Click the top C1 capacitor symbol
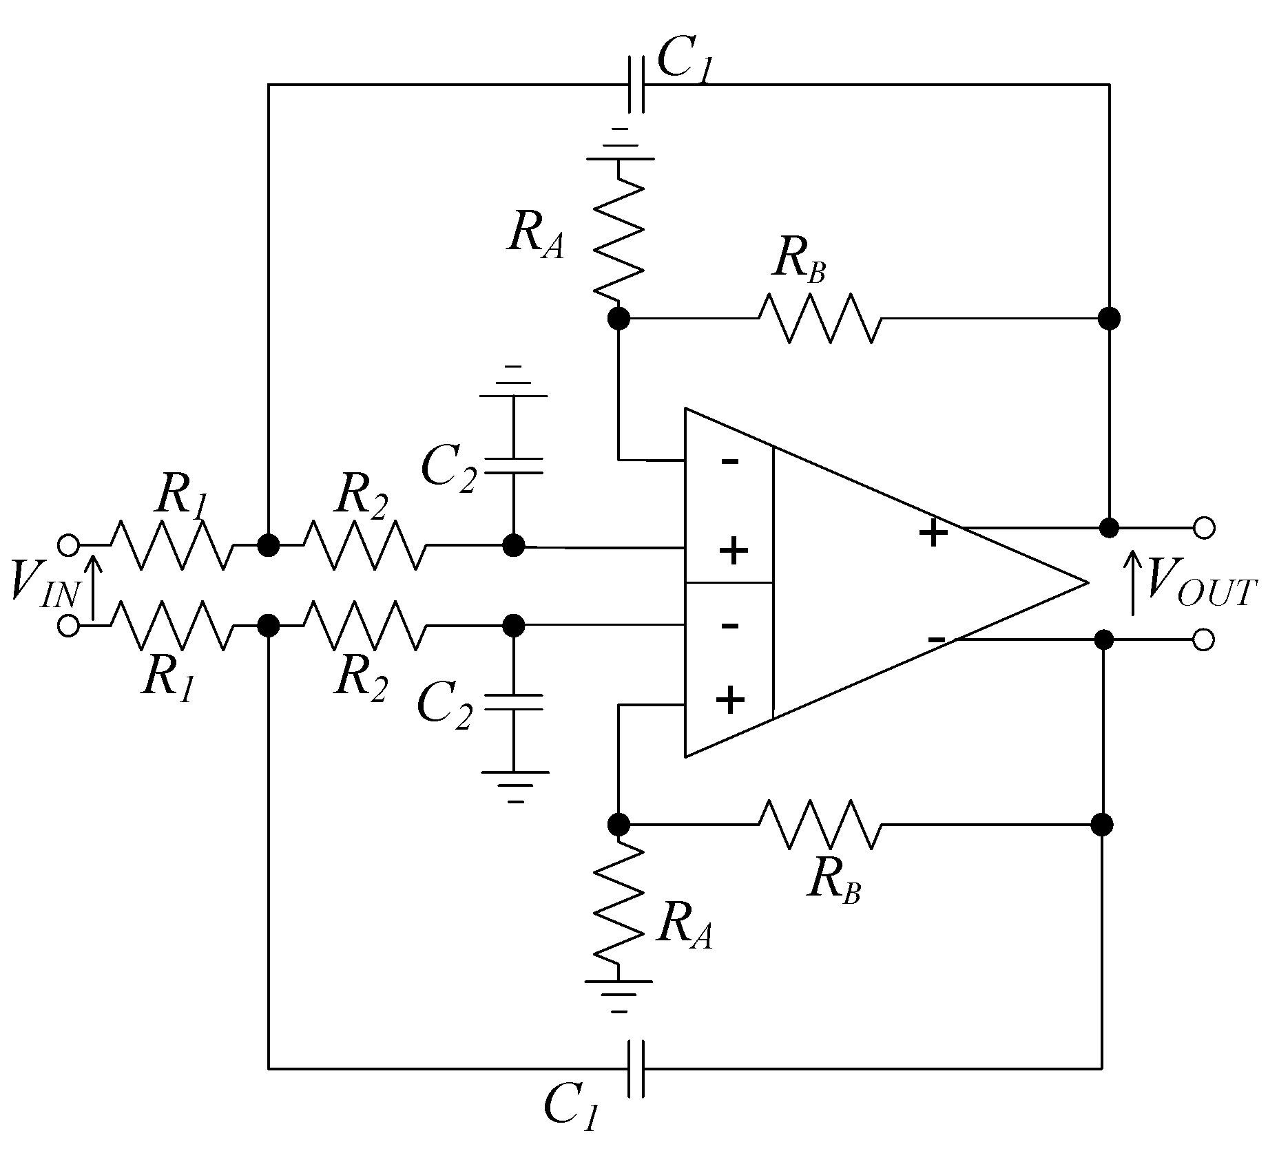coord(637,85)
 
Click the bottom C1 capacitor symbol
coord(637,1068)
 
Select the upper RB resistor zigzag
coord(820,318)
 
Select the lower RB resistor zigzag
coord(820,824)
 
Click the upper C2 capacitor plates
coord(513,465)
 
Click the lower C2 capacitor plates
coord(513,702)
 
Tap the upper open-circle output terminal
coord(1203,528)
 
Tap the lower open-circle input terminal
coord(67,626)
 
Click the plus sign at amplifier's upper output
coord(933,533)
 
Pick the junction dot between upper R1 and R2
coord(268,545)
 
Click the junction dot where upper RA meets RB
coord(619,318)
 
